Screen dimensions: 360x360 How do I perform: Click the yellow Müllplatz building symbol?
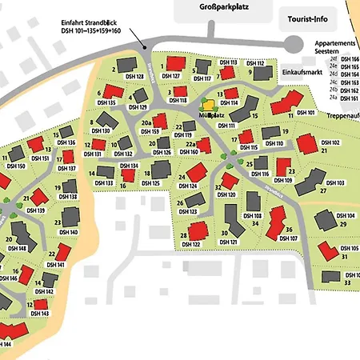(x=209, y=104)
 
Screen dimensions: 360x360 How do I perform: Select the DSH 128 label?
(x=134, y=77)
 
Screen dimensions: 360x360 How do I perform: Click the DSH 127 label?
(x=170, y=77)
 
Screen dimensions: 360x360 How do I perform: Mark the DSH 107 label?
(x=288, y=238)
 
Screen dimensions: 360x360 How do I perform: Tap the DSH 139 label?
(x=35, y=210)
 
